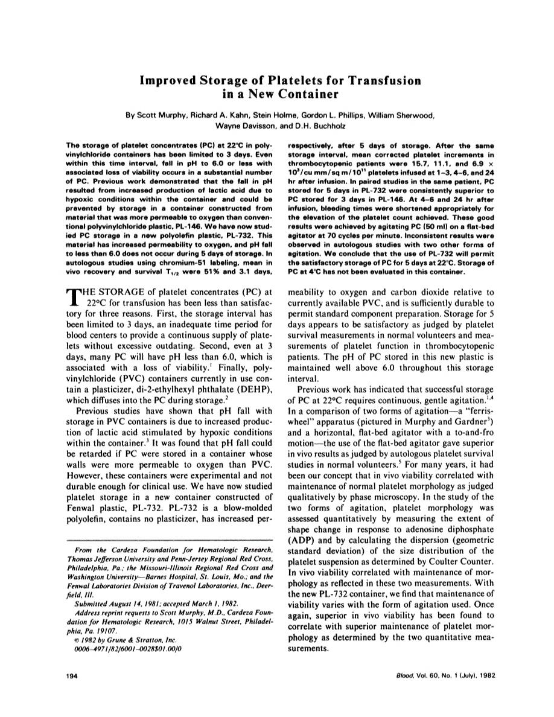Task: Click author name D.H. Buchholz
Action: pos(314,126)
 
